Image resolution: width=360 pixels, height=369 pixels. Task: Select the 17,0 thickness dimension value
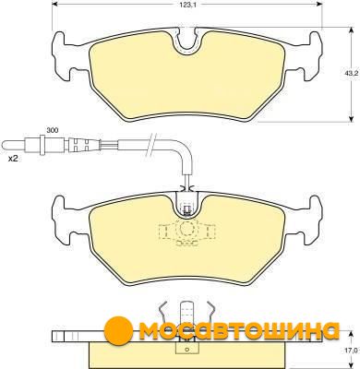(353, 351)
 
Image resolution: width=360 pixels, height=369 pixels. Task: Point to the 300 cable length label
(53, 130)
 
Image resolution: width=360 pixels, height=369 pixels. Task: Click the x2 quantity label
(13, 159)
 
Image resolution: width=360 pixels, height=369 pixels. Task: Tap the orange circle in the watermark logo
(118, 330)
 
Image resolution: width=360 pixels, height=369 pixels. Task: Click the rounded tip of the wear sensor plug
(5, 144)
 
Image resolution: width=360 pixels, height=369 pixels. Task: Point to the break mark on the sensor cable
(151, 144)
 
